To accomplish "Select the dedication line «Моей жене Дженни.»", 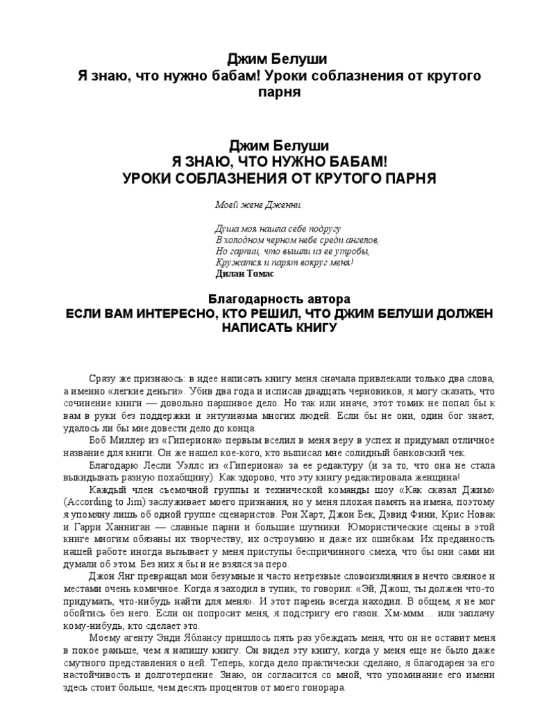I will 258,206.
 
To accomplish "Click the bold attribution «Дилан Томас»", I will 245,273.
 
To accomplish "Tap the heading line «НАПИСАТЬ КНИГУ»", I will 278,328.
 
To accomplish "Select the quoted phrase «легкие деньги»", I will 153,391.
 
